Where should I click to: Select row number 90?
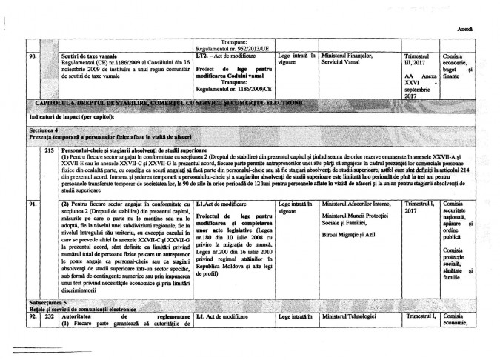click(32, 56)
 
